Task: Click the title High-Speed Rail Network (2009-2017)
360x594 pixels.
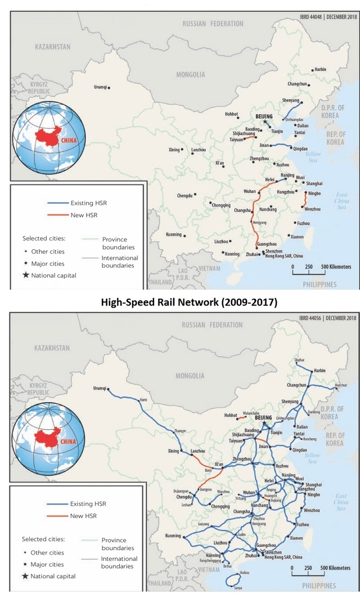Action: point(188,302)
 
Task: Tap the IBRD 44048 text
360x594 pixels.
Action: point(311,16)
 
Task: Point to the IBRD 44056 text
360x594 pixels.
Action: point(311,317)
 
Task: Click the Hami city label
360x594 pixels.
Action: point(143,400)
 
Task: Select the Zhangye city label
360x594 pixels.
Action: point(180,431)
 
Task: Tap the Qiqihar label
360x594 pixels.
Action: point(299,360)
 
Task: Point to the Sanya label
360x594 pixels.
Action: point(238,588)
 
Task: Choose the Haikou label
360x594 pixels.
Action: point(245,573)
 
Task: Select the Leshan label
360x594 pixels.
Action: point(187,505)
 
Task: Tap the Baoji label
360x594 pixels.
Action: point(208,470)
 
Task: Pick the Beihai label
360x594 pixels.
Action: point(227,566)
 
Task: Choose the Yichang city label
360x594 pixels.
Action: point(240,498)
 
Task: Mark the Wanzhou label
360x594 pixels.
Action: point(223,492)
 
